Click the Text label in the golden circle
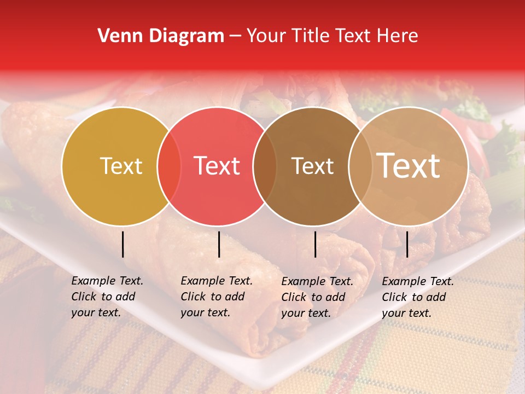click(121, 166)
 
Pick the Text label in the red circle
click(217, 166)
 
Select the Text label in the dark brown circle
click(312, 166)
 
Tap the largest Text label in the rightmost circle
click(409, 166)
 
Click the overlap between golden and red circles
click(169, 166)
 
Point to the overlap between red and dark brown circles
click(265, 166)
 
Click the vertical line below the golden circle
click(122, 244)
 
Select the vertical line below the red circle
click(219, 244)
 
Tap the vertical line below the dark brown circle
click(315, 244)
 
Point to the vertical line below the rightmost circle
click(407, 244)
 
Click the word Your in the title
click(265, 36)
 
